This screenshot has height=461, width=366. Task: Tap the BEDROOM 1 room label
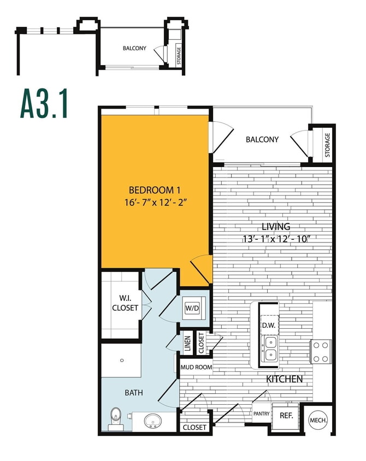[x=155, y=190]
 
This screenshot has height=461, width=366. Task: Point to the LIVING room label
[x=275, y=226]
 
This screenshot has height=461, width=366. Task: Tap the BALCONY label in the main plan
[x=262, y=139]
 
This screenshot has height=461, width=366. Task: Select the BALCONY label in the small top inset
[x=134, y=48]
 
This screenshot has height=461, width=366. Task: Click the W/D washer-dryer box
[x=192, y=308]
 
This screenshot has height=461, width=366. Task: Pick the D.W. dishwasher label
[x=268, y=326]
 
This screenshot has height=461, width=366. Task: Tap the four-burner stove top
[x=320, y=352]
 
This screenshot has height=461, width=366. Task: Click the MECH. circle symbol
[x=318, y=420]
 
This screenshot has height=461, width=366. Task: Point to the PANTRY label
[x=261, y=414]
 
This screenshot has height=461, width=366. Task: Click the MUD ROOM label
[x=196, y=368]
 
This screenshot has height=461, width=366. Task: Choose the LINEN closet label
[x=188, y=344]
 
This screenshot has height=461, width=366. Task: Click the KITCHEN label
[x=284, y=379]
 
